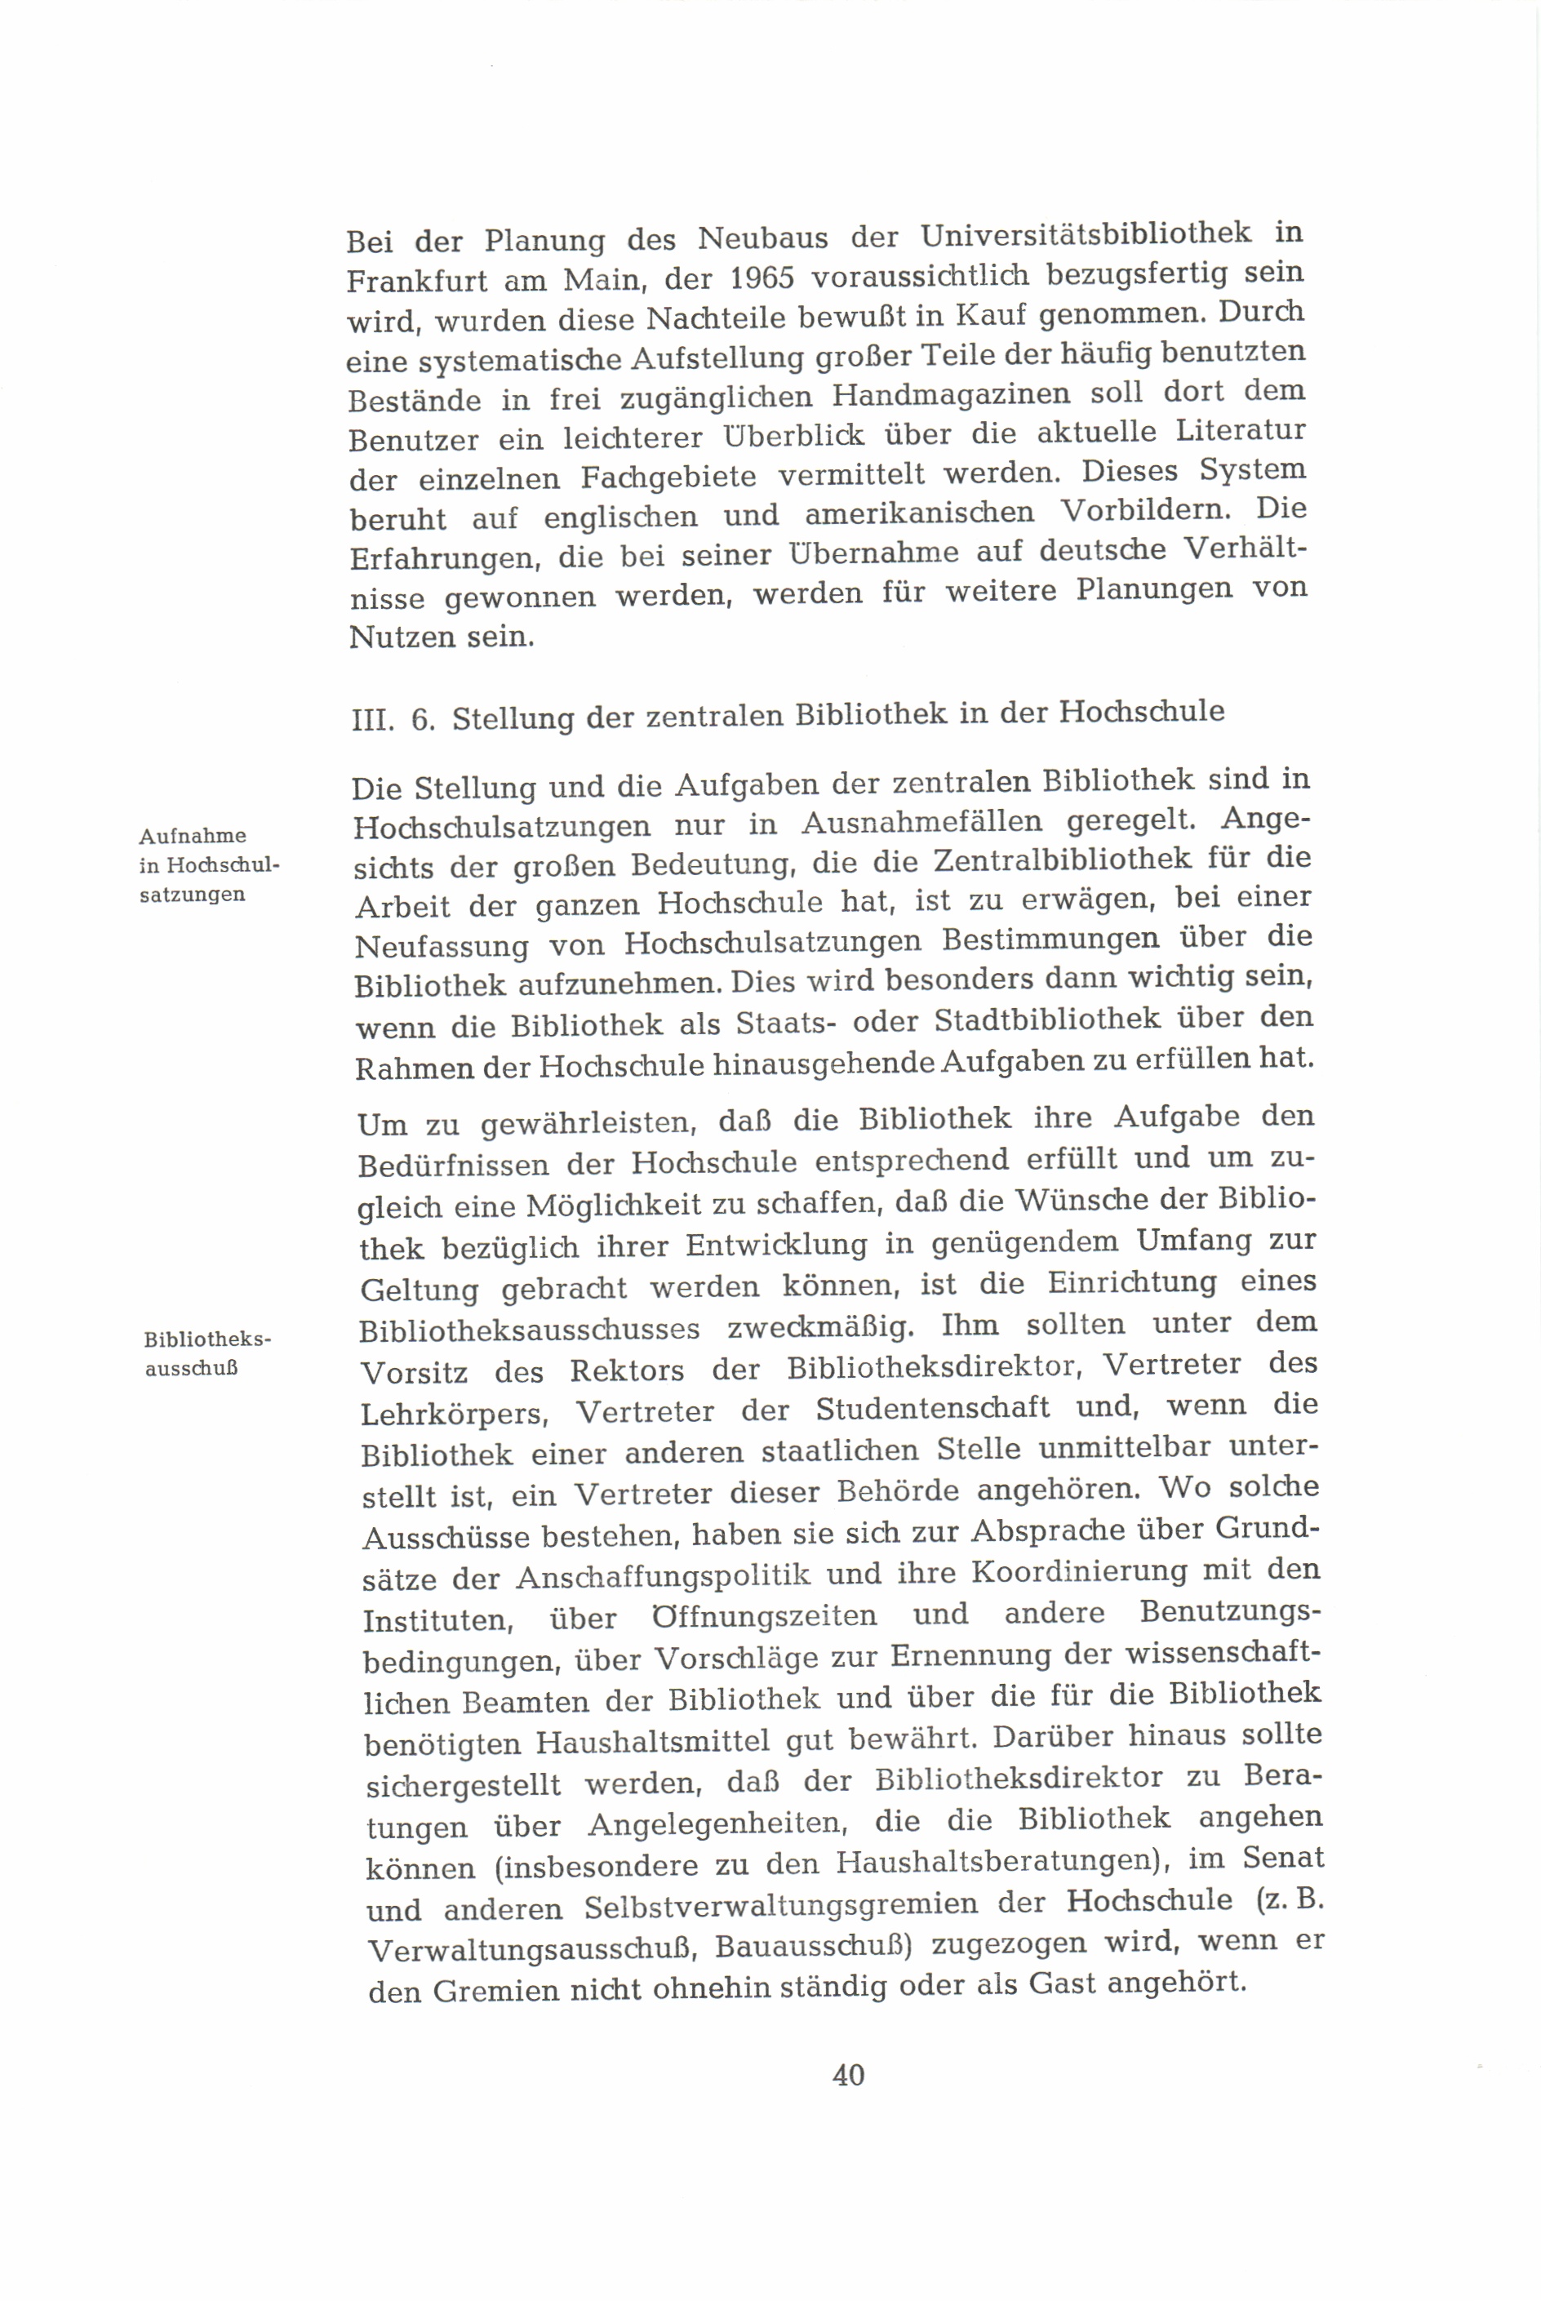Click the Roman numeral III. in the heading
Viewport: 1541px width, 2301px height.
[x=372, y=722]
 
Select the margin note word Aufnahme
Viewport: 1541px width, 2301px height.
[x=193, y=837]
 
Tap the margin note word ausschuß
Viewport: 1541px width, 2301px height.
[x=192, y=1368]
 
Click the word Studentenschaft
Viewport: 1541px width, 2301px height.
[x=933, y=1410]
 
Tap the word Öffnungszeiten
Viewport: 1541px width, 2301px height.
[x=764, y=1617]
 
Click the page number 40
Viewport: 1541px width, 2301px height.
[x=847, y=2075]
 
